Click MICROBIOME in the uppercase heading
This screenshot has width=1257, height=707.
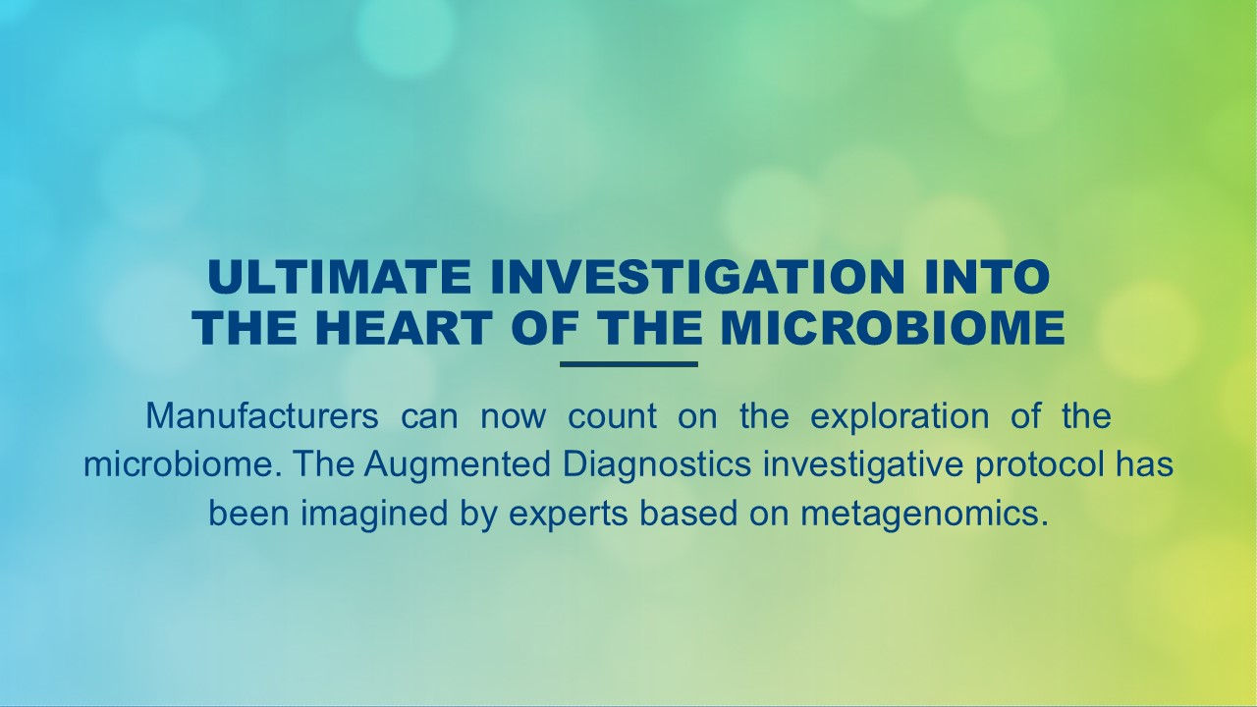click(893, 329)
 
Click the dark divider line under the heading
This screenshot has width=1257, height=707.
click(628, 364)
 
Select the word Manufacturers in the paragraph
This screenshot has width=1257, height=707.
click(262, 416)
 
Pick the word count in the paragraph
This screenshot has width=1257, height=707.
click(612, 416)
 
